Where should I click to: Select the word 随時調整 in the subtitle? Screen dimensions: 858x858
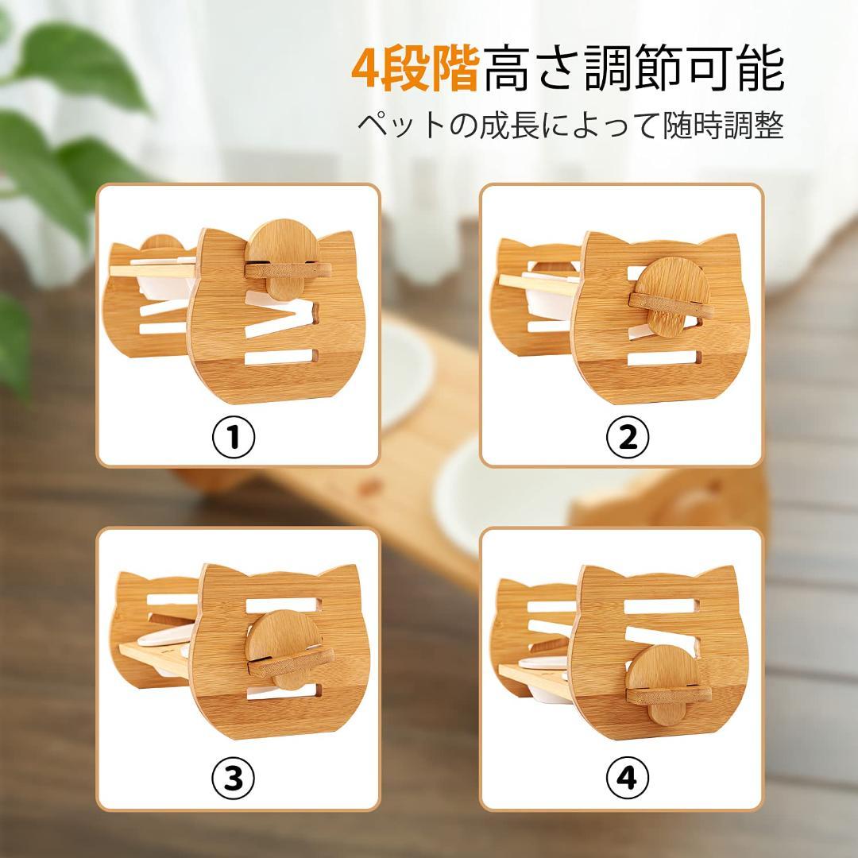click(x=724, y=126)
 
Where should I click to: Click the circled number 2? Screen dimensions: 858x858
click(x=628, y=436)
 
